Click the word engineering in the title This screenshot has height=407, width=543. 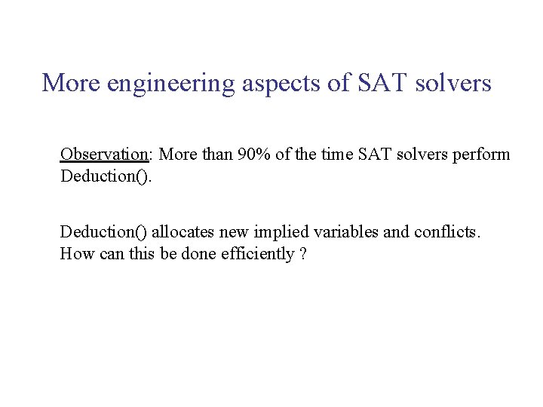pyautogui.click(x=171, y=83)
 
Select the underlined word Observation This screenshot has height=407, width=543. pyautogui.click(x=104, y=155)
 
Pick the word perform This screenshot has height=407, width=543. pyautogui.click(x=480, y=155)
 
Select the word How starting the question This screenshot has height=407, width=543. pyautogui.click(x=75, y=254)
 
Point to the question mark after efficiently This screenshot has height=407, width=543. pyautogui.click(x=302, y=254)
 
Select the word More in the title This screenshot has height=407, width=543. pyautogui.click(x=72, y=83)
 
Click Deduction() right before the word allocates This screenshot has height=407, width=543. pyautogui.click(x=103, y=231)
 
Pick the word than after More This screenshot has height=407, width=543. pyautogui.click(x=216, y=155)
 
